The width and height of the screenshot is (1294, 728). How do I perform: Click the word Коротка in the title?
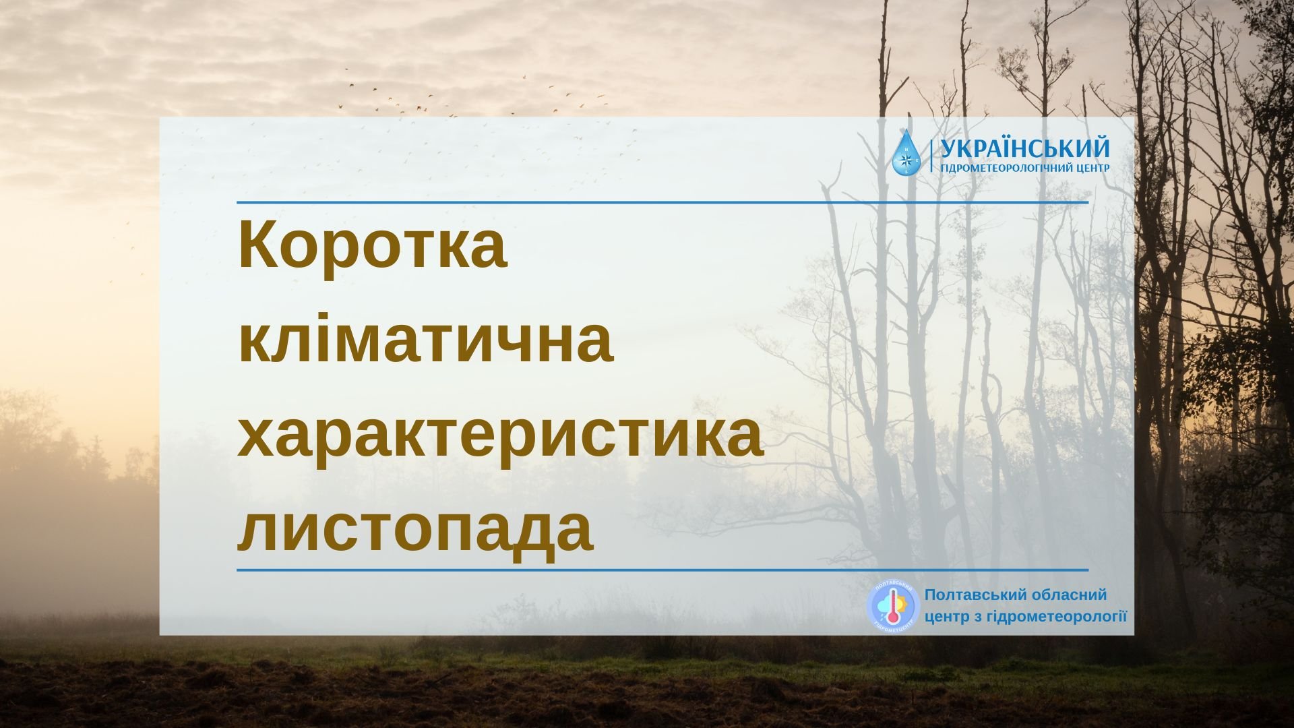point(372,243)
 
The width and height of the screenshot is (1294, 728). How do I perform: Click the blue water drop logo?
point(905,154)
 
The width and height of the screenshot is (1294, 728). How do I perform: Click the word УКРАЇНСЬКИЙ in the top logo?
point(1024,148)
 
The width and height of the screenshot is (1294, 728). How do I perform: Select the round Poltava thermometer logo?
point(893,606)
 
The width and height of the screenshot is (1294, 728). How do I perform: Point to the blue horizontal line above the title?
point(663,202)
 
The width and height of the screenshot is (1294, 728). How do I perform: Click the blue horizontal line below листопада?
point(663,570)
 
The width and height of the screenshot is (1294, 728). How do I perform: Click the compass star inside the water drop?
point(906,160)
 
